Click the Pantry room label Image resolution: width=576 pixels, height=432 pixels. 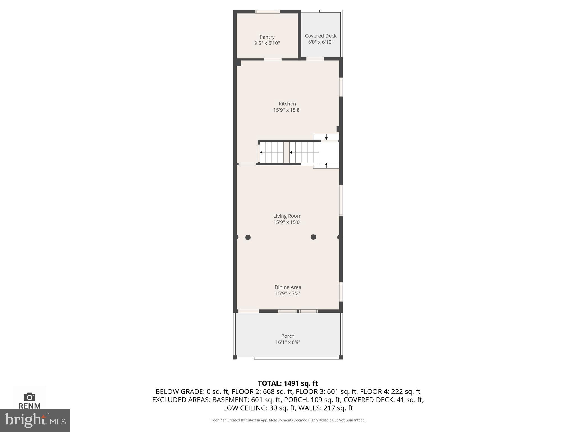[x=267, y=37]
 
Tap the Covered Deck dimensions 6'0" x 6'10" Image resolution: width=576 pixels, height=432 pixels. [x=321, y=42]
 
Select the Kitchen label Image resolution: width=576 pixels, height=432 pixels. [x=287, y=104]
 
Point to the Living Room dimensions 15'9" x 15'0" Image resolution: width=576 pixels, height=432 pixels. [x=287, y=222]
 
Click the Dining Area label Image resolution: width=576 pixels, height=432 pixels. [x=288, y=287]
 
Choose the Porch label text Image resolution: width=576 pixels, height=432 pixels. [x=288, y=336]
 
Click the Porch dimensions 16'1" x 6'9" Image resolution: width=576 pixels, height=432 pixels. [x=288, y=342]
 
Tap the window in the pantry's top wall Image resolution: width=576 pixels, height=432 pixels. [x=267, y=12]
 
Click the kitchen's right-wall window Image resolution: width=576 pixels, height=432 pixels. [x=341, y=87]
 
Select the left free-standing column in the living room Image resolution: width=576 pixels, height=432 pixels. [x=248, y=237]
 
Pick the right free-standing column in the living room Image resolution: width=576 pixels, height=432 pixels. [x=313, y=237]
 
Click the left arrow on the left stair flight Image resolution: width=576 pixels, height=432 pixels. [x=262, y=152]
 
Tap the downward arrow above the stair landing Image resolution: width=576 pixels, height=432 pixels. [x=326, y=138]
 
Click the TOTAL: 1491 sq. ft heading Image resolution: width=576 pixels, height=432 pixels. [x=288, y=383]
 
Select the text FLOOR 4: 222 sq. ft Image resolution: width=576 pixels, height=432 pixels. [x=390, y=391]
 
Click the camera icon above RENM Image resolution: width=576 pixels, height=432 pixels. [x=30, y=397]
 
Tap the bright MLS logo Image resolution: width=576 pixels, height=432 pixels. [x=35, y=420]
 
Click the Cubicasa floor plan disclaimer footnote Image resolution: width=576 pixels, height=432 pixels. [x=288, y=420]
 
